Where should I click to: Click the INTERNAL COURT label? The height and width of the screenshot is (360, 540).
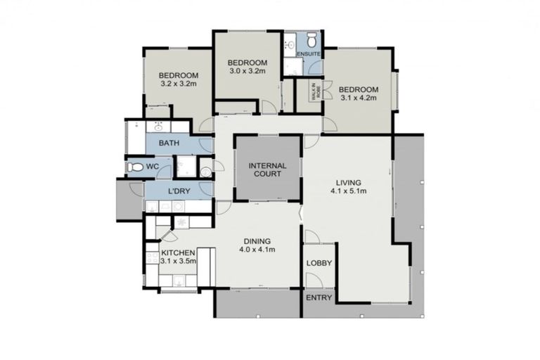(x=267, y=169)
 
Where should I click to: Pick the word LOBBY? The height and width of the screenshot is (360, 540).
(x=319, y=264)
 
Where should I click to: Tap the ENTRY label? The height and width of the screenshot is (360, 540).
(x=319, y=297)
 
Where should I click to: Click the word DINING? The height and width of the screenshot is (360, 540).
(x=257, y=240)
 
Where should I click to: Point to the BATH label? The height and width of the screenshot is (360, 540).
(x=169, y=143)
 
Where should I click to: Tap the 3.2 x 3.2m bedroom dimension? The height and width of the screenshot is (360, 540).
(x=179, y=84)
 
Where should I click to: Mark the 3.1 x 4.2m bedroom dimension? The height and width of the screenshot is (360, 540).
(x=358, y=98)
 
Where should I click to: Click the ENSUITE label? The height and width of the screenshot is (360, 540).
(x=308, y=54)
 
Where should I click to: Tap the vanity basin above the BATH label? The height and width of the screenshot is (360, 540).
(x=158, y=127)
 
